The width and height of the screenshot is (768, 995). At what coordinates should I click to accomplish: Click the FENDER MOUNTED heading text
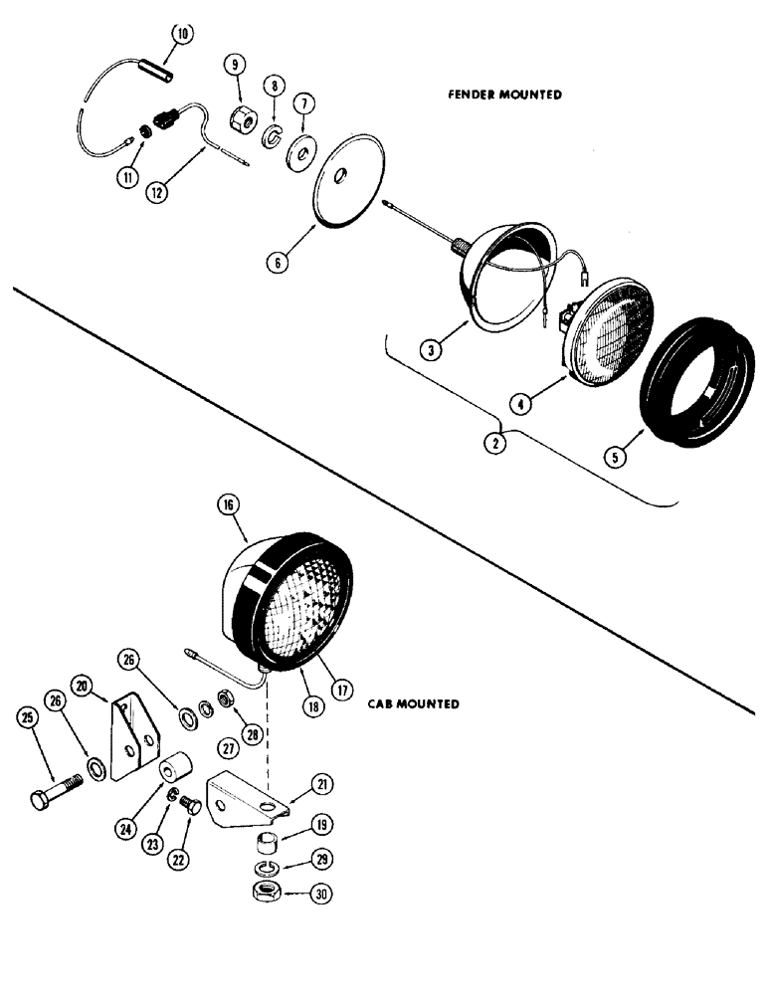(x=504, y=95)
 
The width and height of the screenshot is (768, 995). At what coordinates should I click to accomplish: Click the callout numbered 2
(x=494, y=444)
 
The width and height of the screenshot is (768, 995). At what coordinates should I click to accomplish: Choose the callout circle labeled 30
(x=321, y=894)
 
